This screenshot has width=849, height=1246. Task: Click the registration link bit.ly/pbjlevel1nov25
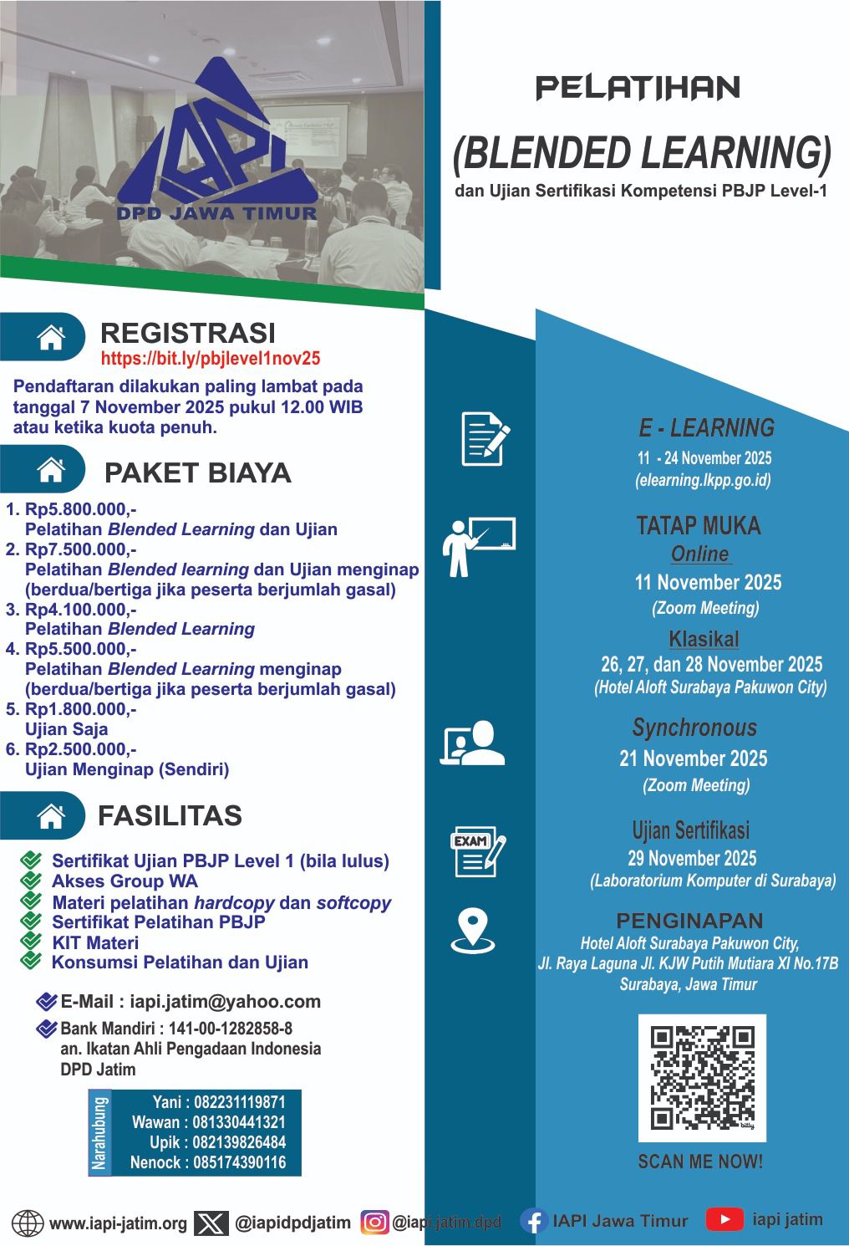click(x=210, y=359)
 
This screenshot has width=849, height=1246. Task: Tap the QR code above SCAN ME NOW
click(x=702, y=1078)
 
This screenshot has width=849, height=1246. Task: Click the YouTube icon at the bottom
click(x=724, y=1219)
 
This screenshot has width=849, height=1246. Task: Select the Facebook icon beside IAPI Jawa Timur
click(x=533, y=1221)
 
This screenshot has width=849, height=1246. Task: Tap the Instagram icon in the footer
click(x=374, y=1223)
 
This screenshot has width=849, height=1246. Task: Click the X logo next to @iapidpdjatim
click(x=211, y=1223)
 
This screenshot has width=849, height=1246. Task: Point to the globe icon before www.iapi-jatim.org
click(x=27, y=1223)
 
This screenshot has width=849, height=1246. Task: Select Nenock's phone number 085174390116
click(x=239, y=1162)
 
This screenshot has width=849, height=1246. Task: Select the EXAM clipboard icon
click(x=477, y=853)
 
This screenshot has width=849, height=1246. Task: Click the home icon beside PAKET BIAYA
click(x=52, y=471)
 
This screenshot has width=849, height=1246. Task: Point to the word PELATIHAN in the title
click(x=638, y=88)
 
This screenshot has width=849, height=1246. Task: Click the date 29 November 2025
click(x=692, y=859)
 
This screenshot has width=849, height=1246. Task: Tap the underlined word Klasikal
click(x=704, y=640)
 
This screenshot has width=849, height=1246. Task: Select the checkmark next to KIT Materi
click(x=31, y=942)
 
